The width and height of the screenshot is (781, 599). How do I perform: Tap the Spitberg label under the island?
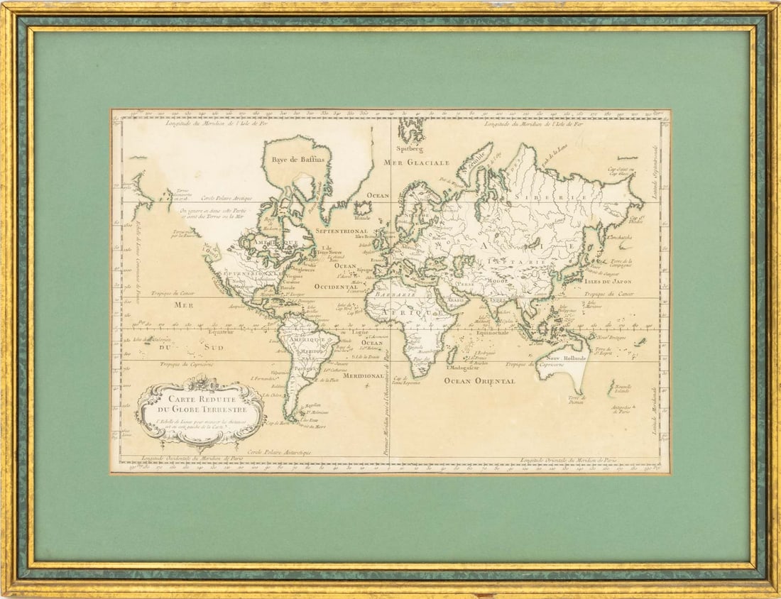[410, 149]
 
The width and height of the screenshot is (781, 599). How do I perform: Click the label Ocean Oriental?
[479, 381]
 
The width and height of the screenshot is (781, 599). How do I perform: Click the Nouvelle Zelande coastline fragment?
[611, 388]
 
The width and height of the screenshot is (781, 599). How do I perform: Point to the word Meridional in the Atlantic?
[363, 375]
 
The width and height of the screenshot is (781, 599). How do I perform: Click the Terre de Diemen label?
[576, 400]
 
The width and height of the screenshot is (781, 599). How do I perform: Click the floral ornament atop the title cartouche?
[202, 381]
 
